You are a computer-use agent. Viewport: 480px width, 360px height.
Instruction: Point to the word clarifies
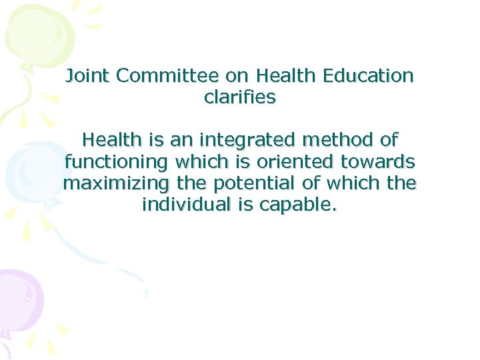[x=240, y=97]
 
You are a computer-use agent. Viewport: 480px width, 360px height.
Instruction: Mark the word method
[x=335, y=140]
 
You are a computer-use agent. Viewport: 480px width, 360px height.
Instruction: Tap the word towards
[x=377, y=161]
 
